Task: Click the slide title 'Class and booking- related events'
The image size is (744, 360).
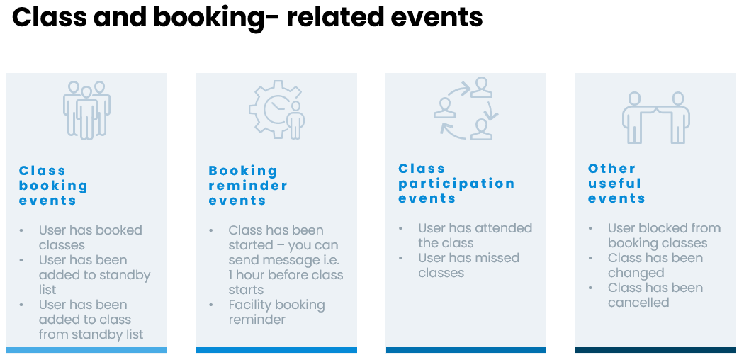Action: pyautogui.click(x=247, y=17)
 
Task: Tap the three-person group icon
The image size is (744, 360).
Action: pyautogui.click(x=86, y=109)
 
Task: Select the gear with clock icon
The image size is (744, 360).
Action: pyautogui.click(x=276, y=109)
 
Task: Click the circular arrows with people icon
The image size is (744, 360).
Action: pyautogui.click(x=466, y=108)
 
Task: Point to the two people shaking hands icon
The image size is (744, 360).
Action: pyautogui.click(x=656, y=118)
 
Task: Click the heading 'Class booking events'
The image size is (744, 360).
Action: pyautogui.click(x=53, y=186)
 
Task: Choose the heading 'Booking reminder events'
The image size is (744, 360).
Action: pyautogui.click(x=248, y=186)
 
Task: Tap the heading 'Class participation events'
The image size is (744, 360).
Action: pyautogui.click(x=456, y=184)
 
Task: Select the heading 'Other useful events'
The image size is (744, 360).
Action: pyautogui.click(x=616, y=184)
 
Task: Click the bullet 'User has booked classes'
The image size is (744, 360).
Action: pyautogui.click(x=90, y=237)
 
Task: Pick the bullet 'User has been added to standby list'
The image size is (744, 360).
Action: pyautogui.click(x=94, y=275)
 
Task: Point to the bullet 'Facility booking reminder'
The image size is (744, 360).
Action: pyautogui.click(x=276, y=312)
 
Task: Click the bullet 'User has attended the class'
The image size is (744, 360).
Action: pyautogui.click(x=475, y=235)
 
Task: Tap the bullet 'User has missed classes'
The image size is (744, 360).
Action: pyautogui.click(x=468, y=265)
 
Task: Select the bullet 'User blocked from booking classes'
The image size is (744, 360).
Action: pyautogui.click(x=664, y=235)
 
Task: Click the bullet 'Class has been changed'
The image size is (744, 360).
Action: pyautogui.click(x=655, y=265)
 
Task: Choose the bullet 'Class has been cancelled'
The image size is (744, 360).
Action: pyautogui.click(x=655, y=295)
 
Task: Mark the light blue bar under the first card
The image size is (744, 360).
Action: pyautogui.click(x=86, y=349)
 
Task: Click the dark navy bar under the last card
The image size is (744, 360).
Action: pyautogui.click(x=655, y=349)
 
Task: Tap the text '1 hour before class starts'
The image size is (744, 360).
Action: pyautogui.click(x=286, y=282)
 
